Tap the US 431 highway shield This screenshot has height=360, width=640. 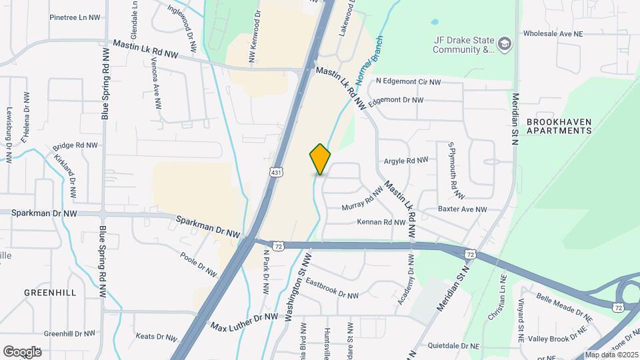pos(275,173)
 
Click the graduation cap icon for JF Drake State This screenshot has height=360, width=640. pos(505,44)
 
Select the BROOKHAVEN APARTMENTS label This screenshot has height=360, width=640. pos(559,126)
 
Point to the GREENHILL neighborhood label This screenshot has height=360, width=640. pos(50,293)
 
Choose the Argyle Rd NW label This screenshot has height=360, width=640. pos(405,161)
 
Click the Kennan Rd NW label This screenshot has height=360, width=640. pos(381,222)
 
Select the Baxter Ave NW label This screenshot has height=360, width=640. pos(463,209)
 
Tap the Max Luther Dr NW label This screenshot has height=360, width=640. pos(244,322)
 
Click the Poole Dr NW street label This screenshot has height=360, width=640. pos(199,264)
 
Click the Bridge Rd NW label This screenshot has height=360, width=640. pos(75,145)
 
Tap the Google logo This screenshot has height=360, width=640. pos(22,351)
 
